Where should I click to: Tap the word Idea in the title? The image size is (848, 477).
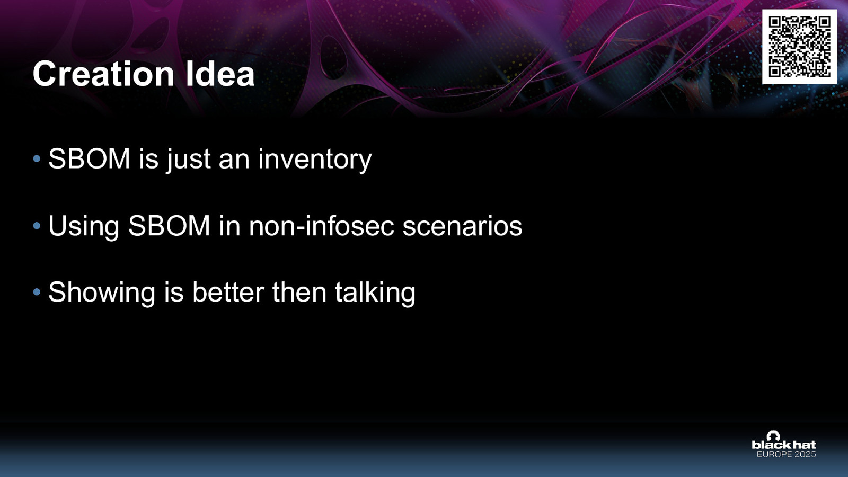point(220,74)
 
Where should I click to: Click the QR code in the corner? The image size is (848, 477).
point(799,47)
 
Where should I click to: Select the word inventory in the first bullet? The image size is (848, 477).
point(315,160)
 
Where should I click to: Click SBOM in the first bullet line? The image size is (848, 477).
point(89,159)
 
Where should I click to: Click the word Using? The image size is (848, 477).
point(83,226)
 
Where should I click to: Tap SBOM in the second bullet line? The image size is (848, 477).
point(169,226)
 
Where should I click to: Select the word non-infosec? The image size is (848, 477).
point(322,226)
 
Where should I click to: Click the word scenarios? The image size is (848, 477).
point(462,226)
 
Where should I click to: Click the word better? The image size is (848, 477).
point(228,293)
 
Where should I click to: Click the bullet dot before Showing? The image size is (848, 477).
point(37,292)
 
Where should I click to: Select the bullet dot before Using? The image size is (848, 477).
point(37,226)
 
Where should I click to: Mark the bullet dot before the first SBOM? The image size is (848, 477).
point(37,158)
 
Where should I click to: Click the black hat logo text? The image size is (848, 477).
point(784,445)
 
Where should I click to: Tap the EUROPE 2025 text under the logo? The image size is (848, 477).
point(786,454)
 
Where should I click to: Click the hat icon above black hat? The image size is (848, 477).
point(773,436)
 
